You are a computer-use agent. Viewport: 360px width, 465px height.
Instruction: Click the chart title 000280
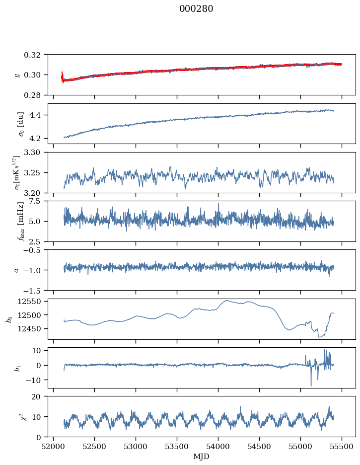(196, 9)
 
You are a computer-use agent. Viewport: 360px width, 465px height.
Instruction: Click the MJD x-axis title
(201, 457)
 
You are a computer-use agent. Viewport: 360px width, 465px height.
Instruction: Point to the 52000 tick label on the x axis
(53, 447)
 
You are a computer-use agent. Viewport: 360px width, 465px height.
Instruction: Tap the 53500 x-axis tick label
(177, 447)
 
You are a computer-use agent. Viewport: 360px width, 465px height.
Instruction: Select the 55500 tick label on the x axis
(342, 447)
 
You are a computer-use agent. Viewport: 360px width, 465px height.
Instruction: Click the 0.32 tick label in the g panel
(35, 55)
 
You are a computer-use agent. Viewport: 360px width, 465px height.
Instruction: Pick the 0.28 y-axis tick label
(35, 95)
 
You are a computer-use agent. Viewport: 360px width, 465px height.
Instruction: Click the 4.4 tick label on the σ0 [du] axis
(38, 115)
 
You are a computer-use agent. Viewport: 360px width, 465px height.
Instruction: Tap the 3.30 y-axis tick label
(35, 153)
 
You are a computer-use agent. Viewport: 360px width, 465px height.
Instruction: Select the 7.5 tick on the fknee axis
(38, 201)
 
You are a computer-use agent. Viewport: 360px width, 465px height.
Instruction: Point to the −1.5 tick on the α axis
(33, 290)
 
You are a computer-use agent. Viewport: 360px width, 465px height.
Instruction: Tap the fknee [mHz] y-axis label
(20, 221)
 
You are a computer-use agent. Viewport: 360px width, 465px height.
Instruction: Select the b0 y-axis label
(10, 319)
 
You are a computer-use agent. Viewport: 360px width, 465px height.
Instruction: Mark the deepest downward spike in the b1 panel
(311, 385)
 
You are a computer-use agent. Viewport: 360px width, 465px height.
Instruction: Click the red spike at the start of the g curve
(62, 77)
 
